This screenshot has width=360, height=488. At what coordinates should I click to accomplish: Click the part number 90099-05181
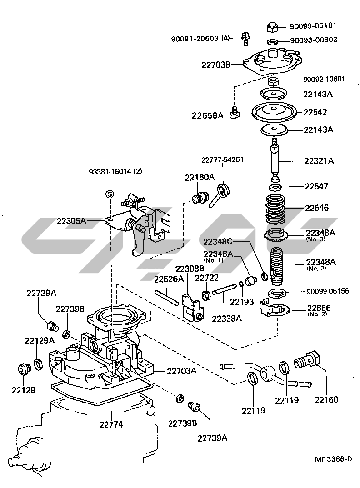click(314, 26)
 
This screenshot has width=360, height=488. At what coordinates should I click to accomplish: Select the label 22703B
click(216, 65)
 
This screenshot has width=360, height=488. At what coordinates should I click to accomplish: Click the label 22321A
click(319, 160)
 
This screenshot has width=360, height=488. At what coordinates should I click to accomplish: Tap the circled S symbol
click(109, 194)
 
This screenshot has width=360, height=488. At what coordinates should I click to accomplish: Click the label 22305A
click(72, 221)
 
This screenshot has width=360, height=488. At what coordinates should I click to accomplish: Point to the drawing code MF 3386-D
click(334, 459)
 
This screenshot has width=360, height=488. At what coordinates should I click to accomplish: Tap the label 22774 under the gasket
click(111, 425)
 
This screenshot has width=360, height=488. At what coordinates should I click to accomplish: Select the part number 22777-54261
click(223, 159)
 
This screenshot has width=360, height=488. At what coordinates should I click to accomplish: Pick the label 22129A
click(39, 340)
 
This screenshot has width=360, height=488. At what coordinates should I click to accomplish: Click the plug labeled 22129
click(22, 368)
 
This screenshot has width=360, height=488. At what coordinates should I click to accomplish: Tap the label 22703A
click(181, 371)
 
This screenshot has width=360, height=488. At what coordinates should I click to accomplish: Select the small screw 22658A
click(235, 112)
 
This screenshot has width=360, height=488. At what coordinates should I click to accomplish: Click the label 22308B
click(190, 269)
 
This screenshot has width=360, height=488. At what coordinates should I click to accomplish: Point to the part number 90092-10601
click(324, 79)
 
